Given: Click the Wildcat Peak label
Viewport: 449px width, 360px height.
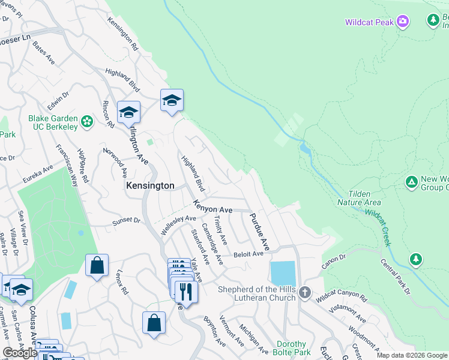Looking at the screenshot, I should (369, 22).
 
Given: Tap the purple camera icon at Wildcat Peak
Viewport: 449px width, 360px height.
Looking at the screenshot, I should (403, 22).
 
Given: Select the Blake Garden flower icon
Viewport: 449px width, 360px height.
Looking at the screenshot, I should (87, 122).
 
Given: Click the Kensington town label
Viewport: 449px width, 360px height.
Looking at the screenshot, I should (149, 186).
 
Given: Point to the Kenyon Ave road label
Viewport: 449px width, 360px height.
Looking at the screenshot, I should (212, 209).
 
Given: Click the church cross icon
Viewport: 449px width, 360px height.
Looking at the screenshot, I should (305, 293).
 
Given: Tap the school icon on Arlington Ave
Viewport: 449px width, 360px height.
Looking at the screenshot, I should (128, 112).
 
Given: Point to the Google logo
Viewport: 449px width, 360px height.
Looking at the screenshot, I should (20, 353).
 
